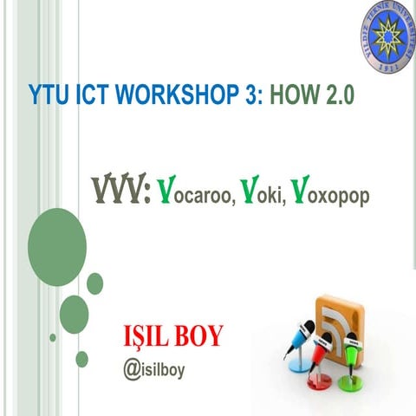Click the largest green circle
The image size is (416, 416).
tap(56, 238)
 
